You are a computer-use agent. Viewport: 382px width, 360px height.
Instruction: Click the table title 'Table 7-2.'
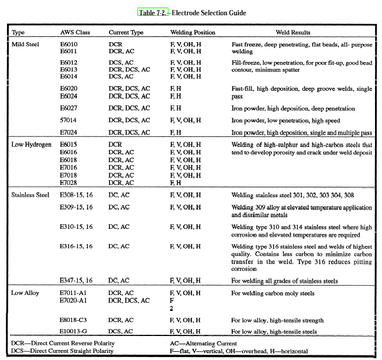(x=153, y=12)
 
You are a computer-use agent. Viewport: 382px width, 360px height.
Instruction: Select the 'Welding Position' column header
(x=192, y=32)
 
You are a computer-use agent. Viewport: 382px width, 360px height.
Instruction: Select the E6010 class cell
(x=70, y=44)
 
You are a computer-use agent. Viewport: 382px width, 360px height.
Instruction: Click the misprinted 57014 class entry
(x=70, y=121)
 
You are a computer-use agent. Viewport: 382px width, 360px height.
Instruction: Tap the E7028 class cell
(x=70, y=183)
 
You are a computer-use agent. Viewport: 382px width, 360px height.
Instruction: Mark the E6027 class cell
(x=70, y=108)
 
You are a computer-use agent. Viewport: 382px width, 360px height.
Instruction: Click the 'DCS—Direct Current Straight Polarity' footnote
(x=63, y=351)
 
